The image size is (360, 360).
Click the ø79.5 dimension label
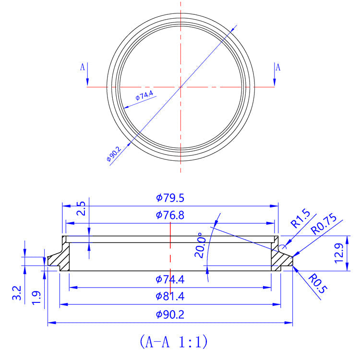[170, 198]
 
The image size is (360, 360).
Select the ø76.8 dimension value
[170, 215]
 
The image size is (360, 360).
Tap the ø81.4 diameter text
[170, 297]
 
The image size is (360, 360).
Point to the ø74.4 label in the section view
[170, 279]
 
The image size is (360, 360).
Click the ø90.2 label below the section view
[170, 315]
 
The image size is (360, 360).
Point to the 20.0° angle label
[200, 246]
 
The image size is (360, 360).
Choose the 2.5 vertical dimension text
[81, 209]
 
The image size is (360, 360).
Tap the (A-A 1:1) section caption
[173, 342]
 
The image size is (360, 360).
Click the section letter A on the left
[82, 67]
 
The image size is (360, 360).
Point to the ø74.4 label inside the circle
[144, 96]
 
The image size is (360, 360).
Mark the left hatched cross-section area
[61, 260]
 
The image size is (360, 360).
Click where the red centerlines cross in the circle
[180, 87]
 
